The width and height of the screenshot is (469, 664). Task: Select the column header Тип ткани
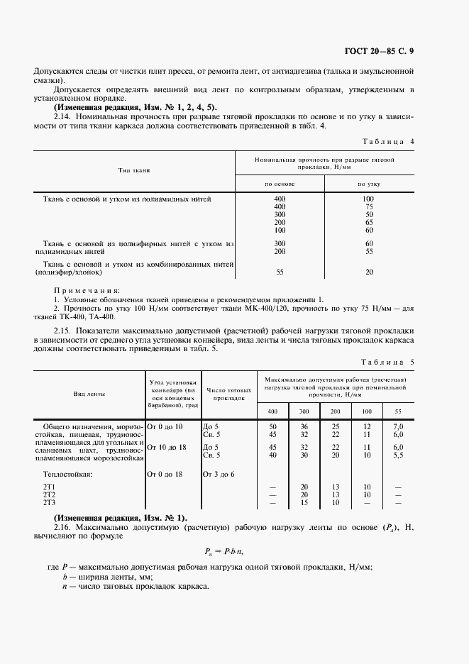(x=133, y=171)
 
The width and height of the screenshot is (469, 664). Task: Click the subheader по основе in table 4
(x=280, y=183)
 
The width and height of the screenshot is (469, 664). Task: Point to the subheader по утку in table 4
(x=369, y=183)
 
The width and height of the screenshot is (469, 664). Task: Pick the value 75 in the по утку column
(x=369, y=206)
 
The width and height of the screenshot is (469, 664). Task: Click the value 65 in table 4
(x=369, y=222)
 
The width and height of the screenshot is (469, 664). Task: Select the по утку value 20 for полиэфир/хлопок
(x=369, y=272)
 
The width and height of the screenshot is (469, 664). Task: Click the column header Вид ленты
(x=87, y=394)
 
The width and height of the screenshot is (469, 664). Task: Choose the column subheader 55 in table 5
(x=398, y=412)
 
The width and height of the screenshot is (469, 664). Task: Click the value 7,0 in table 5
(x=398, y=426)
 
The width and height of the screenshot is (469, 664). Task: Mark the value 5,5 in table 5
(x=398, y=455)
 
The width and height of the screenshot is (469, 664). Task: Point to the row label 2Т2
(x=49, y=494)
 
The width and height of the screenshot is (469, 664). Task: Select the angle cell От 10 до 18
(x=166, y=447)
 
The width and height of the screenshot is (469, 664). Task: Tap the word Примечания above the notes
(x=87, y=291)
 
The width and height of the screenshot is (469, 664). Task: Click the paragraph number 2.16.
(x=64, y=526)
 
